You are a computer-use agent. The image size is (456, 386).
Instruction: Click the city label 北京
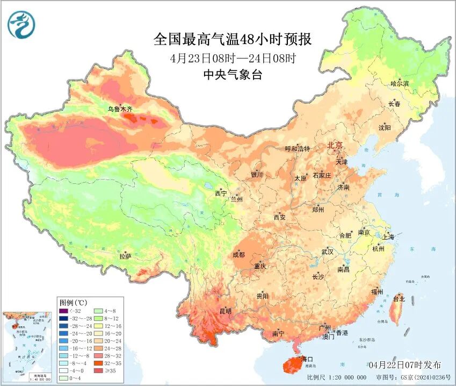[x=335, y=145]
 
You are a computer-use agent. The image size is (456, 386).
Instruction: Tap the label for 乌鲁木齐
[x=120, y=109]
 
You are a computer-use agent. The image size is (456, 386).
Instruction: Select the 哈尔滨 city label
[x=400, y=83]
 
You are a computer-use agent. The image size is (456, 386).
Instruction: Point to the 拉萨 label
[x=125, y=258]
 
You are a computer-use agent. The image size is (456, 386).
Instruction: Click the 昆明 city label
[x=225, y=311]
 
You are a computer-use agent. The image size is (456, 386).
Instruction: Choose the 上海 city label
[x=388, y=237]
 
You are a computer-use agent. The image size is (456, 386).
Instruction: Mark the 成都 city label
[x=239, y=254]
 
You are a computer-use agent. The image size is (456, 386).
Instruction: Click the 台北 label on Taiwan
[x=399, y=298]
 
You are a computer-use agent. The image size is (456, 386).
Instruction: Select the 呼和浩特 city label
[x=297, y=149]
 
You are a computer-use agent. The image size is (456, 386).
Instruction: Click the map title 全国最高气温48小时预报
[x=232, y=39]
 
